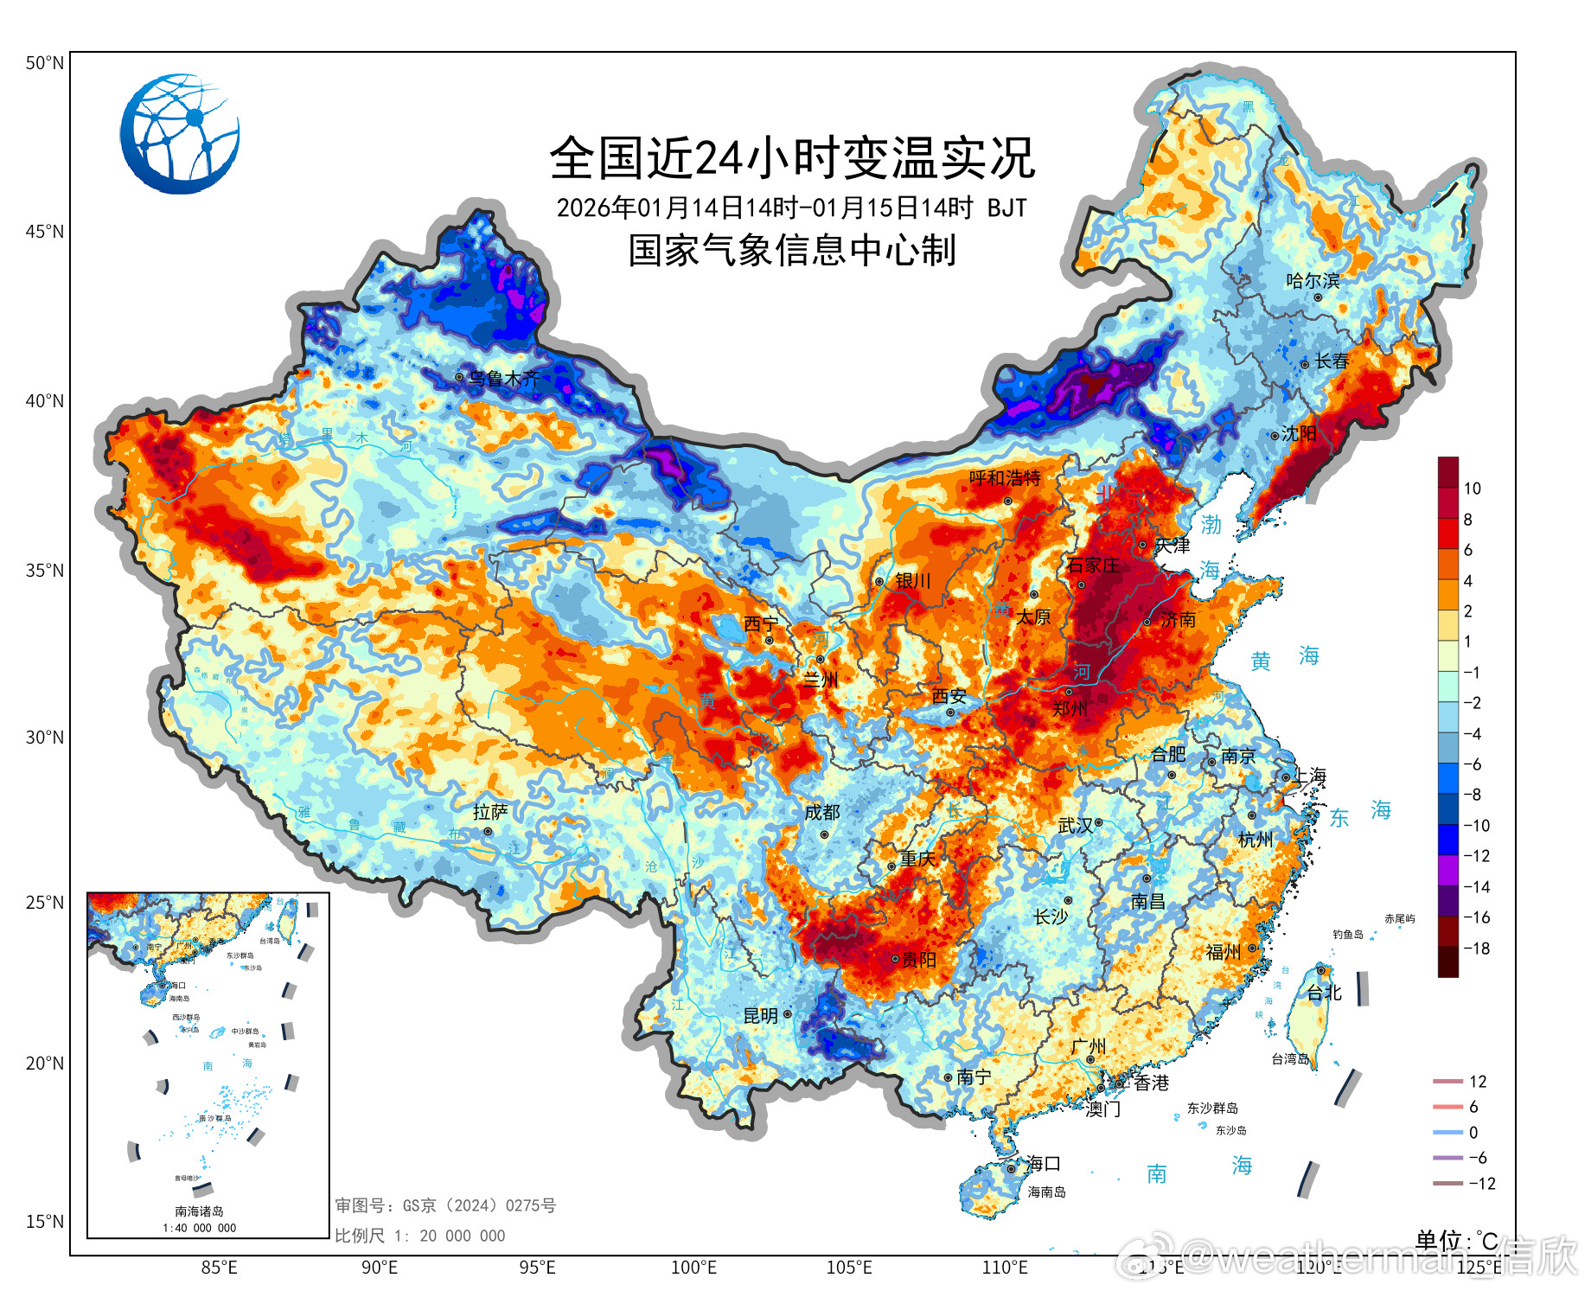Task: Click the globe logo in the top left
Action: [180, 134]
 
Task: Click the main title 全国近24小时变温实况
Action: [791, 158]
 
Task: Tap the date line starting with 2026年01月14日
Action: [791, 208]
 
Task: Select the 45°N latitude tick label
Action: [44, 232]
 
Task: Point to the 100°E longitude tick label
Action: [693, 1268]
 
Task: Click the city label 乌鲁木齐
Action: [504, 379]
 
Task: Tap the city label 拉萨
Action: [490, 812]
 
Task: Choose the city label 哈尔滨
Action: [1313, 281]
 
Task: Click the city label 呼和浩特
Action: [1005, 478]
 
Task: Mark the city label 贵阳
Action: [919, 959]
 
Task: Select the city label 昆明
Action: [761, 1016]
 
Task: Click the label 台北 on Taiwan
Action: [1324, 993]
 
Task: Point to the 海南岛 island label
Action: [1046, 1192]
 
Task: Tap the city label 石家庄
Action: [1093, 565]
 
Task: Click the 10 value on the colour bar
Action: [1472, 489]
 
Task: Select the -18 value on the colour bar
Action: [1476, 949]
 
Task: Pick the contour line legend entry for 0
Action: [1460, 1133]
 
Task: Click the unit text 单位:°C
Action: [1456, 1241]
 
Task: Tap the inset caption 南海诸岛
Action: [199, 1211]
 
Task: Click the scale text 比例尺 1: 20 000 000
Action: [419, 1236]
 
